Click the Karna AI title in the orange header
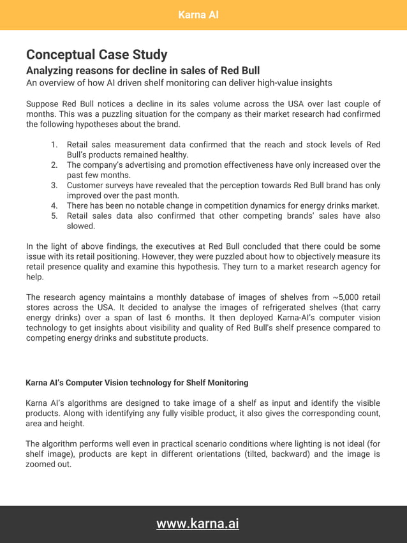click(x=198, y=15)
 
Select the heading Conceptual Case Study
click(x=96, y=55)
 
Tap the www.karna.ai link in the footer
click(x=198, y=524)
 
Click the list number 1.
click(x=54, y=145)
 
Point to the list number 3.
click(x=54, y=186)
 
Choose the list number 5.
click(x=54, y=216)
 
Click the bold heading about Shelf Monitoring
click(x=137, y=383)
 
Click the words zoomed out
click(x=48, y=465)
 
